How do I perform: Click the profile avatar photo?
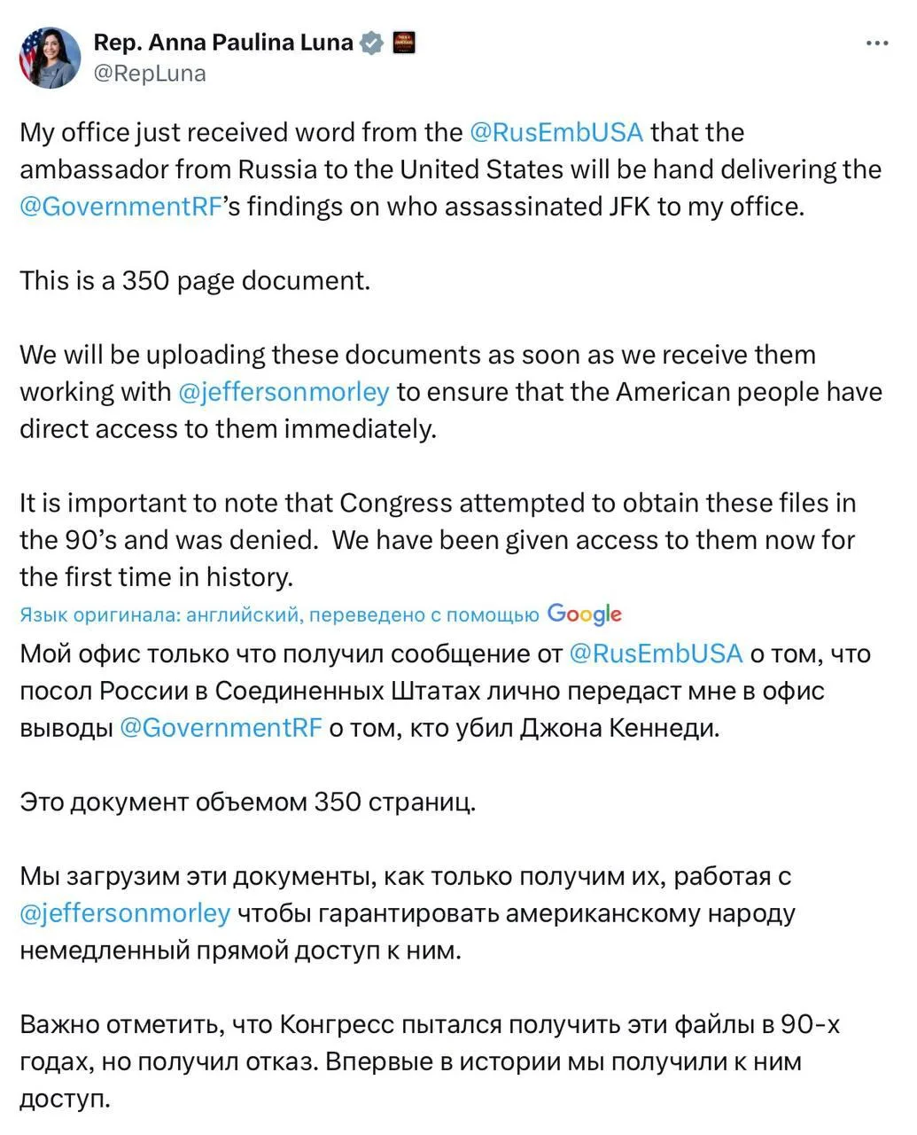51,58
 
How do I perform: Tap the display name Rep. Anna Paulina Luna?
222,42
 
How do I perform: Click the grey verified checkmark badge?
373,43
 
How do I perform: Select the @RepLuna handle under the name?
149,74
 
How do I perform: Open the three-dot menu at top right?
876,43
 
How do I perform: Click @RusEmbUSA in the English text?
556,132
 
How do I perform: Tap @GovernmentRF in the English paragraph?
118,207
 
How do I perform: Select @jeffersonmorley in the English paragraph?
284,392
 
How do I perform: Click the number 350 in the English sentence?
145,281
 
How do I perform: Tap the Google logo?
585,614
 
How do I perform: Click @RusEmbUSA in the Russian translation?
655,654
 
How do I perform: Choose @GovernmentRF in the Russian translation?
220,728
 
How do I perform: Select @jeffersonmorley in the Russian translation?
124,913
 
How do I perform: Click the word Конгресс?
336,1025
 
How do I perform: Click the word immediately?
361,429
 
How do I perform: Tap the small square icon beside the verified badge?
403,43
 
